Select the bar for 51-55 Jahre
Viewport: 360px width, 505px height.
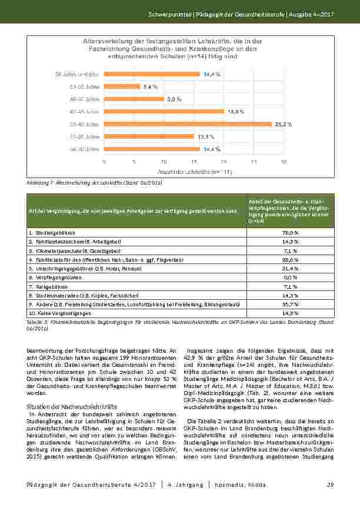[122, 86]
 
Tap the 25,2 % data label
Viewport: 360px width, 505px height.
[281, 124]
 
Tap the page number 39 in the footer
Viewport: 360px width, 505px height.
[330, 484]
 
